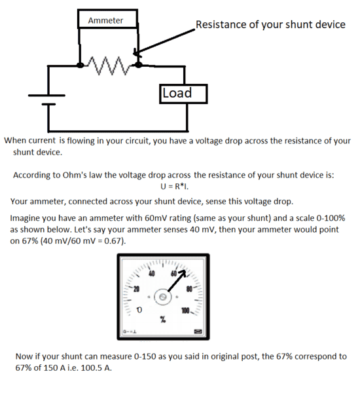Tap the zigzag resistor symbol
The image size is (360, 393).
[109, 66]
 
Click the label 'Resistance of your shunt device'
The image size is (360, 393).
[270, 25]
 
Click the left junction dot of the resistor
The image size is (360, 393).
[80, 65]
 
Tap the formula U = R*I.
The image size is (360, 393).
[174, 187]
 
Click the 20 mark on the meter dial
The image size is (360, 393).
[136, 289]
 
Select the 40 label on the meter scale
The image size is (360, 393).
[152, 273]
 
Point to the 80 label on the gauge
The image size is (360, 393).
[189, 289]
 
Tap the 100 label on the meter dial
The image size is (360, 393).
[185, 311]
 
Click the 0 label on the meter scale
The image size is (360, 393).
[139, 310]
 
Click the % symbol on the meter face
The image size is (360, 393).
[163, 320]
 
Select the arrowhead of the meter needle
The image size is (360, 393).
[183, 273]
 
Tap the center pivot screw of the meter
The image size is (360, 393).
[163, 297]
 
